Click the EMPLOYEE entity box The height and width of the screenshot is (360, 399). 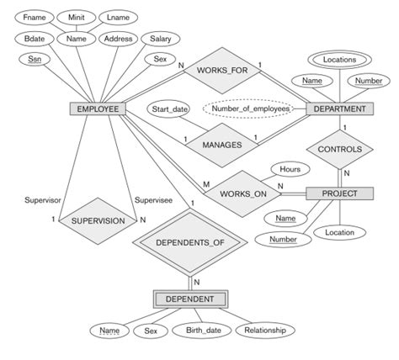click(98, 109)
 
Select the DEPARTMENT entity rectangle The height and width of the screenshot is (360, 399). click(340, 109)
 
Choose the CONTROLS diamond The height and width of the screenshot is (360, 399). click(340, 149)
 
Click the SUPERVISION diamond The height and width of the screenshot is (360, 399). click(99, 220)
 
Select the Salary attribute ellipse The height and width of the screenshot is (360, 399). click(161, 39)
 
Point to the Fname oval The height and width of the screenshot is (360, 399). click(34, 17)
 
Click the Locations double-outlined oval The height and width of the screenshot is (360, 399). click(340, 60)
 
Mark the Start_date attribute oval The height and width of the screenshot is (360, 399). click(168, 109)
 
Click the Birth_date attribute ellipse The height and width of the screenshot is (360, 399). click(202, 331)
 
